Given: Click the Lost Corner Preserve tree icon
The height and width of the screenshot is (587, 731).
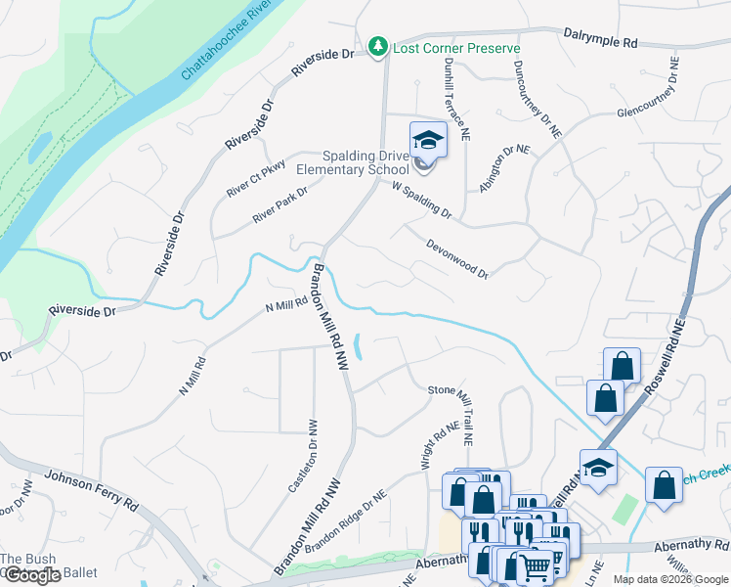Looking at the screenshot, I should (377, 47).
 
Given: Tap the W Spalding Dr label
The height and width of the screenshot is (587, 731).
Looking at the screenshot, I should (421, 199).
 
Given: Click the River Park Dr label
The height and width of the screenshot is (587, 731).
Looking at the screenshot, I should (279, 205).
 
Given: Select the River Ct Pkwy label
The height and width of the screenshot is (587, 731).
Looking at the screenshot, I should (255, 178).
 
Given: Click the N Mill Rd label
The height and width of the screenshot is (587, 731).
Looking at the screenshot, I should (286, 306).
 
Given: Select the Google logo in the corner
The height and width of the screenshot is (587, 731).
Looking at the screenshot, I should (32, 575).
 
